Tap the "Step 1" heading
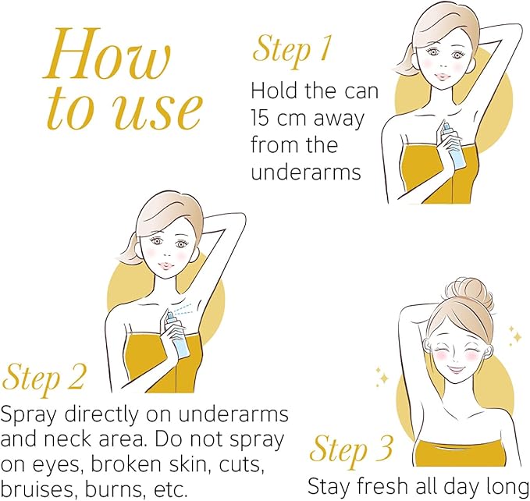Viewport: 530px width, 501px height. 291,51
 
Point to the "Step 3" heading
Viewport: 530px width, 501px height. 351,450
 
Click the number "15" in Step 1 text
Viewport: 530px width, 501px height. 260,119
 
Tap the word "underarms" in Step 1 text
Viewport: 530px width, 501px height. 306,172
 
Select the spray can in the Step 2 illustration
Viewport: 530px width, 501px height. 177,335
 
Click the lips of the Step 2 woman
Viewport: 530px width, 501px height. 166,265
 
